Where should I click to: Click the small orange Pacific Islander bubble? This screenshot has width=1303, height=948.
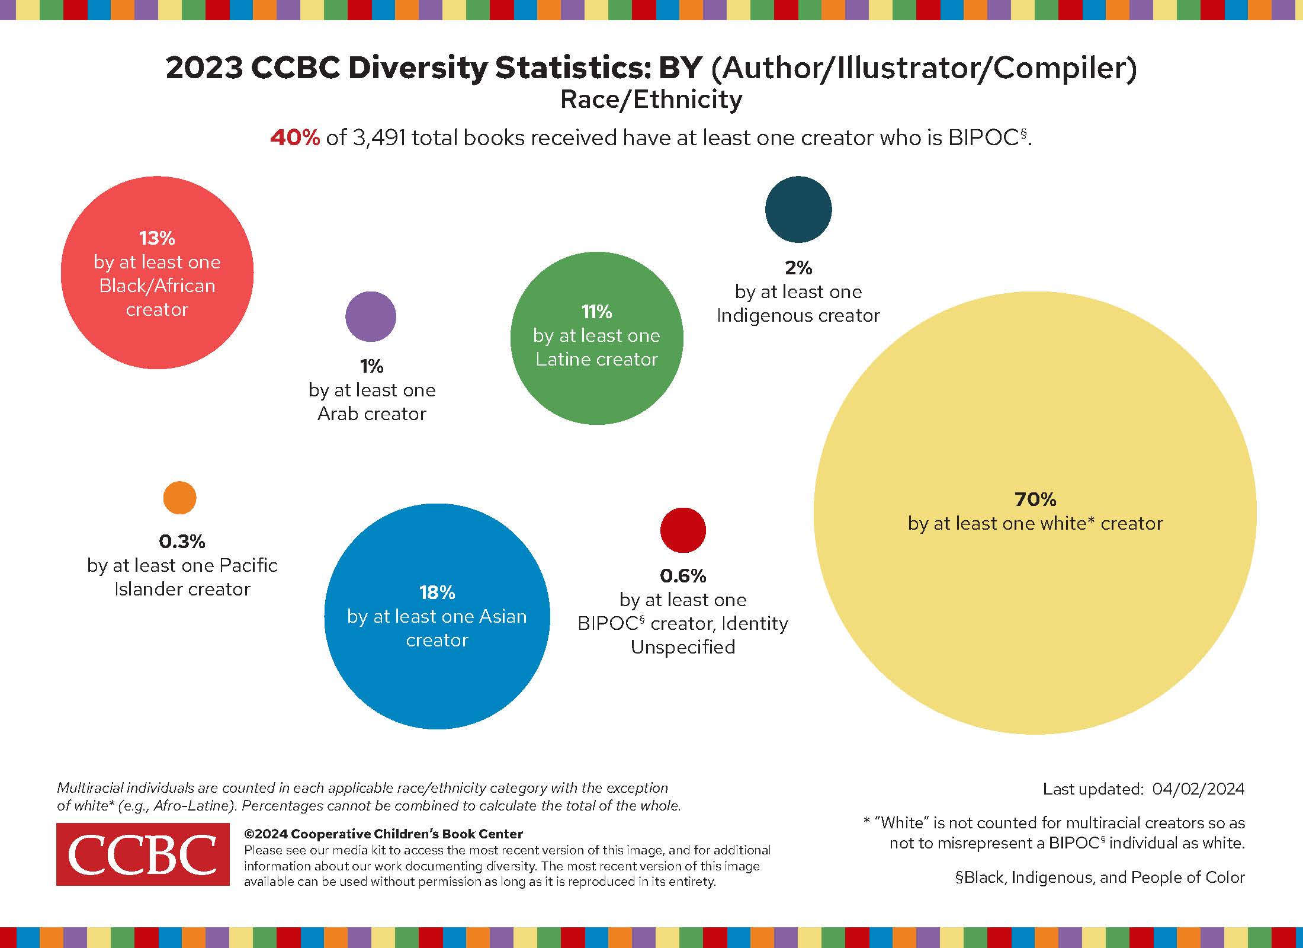point(179,498)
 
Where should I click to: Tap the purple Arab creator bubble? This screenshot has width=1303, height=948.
point(371,316)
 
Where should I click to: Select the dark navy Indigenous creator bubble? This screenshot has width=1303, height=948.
point(798,209)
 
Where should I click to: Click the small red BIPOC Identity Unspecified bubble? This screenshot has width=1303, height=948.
point(683,530)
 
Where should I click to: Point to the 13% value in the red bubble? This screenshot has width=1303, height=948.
point(157,238)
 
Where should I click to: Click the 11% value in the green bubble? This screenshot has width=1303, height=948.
point(596,312)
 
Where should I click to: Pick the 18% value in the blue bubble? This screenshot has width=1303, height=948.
point(437,592)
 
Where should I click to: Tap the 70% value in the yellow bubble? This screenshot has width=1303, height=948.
point(1035,499)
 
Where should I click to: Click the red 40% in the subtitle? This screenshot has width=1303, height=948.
point(295,138)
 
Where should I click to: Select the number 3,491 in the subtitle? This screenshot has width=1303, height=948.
point(378,138)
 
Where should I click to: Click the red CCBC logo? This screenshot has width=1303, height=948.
point(143,854)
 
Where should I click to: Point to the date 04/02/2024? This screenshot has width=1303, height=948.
point(1198,789)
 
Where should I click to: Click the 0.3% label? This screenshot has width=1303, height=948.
point(182,542)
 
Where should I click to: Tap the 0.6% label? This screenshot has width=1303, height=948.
point(683,576)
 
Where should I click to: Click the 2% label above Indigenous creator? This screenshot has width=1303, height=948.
point(798,268)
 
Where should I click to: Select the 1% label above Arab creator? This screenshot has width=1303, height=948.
point(371,367)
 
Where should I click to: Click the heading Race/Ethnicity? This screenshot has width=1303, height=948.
point(651,100)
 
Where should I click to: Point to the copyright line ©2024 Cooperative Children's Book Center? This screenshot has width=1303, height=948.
point(383,834)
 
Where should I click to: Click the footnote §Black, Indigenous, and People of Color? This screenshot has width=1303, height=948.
point(1100,877)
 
